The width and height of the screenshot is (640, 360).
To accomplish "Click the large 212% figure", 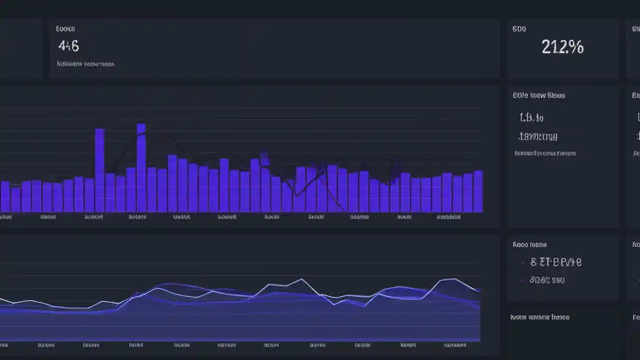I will [562, 47].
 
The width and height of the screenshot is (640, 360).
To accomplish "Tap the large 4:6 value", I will [68, 46].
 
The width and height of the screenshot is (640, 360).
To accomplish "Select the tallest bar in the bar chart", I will [141, 167].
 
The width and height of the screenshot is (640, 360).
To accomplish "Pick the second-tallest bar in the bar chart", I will [99, 170].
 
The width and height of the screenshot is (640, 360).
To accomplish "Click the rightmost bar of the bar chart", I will [478, 191].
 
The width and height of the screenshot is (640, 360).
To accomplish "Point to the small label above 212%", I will [519, 29].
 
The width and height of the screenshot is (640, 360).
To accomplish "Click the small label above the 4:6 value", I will [65, 29].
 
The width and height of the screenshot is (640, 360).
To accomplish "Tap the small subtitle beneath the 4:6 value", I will [85, 64].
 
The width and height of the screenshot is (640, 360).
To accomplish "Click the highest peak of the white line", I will [301, 279].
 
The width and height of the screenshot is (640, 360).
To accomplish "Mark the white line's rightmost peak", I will [452, 279].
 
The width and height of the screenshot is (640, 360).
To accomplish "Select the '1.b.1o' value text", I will [531, 118].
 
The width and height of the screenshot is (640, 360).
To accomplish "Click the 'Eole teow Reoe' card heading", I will [538, 95].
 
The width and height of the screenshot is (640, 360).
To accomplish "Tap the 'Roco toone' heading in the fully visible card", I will [529, 244].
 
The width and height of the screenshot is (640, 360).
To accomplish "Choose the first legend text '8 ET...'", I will [555, 261].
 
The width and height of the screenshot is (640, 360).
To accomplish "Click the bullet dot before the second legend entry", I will [522, 280].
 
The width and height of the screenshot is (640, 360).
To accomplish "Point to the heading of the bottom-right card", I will [539, 317].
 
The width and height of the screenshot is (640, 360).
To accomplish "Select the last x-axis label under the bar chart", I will [448, 217].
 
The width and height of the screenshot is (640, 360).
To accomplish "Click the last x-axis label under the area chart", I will [454, 345].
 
